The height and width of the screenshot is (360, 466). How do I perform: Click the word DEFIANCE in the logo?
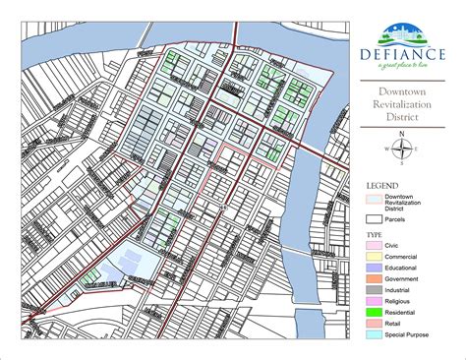pyautogui.click(x=401, y=49)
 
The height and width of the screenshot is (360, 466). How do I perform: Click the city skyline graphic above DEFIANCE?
pyautogui.click(x=401, y=30)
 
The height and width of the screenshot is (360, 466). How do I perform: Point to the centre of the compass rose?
pyautogui.click(x=401, y=150)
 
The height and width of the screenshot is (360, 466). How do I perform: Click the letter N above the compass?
pyautogui.click(x=401, y=134)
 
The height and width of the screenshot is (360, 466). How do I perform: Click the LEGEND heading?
pyautogui.click(x=381, y=185)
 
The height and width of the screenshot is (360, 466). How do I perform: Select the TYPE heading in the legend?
pyautogui.click(x=374, y=236)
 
